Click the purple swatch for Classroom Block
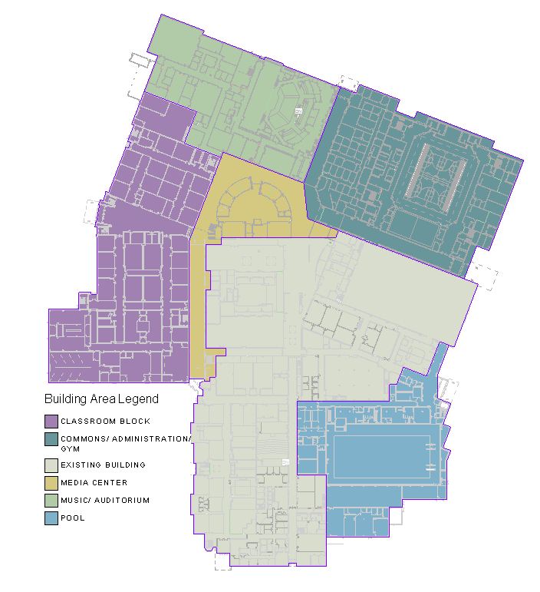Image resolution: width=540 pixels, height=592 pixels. [51, 421]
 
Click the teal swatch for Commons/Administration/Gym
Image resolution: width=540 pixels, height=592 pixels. [51, 438]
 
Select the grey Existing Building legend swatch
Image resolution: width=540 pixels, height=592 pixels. [51, 465]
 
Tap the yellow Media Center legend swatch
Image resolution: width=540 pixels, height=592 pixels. [51, 483]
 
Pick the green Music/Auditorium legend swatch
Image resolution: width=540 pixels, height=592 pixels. [51, 501]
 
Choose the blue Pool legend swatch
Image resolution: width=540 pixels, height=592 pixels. [51, 518]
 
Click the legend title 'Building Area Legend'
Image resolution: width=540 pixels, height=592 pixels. [101, 399]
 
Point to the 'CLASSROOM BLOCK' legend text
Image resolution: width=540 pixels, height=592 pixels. [105, 422]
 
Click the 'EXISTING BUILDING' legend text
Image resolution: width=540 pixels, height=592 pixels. [103, 465]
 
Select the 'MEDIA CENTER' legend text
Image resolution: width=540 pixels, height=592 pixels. [94, 483]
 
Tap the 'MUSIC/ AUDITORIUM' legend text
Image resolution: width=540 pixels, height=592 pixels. [105, 501]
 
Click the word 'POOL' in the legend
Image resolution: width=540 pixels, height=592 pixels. [73, 518]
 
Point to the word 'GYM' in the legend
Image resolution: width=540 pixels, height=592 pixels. [70, 448]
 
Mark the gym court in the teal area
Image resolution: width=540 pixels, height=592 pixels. [435, 179]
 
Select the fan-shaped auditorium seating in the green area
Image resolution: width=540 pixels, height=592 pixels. [290, 115]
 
